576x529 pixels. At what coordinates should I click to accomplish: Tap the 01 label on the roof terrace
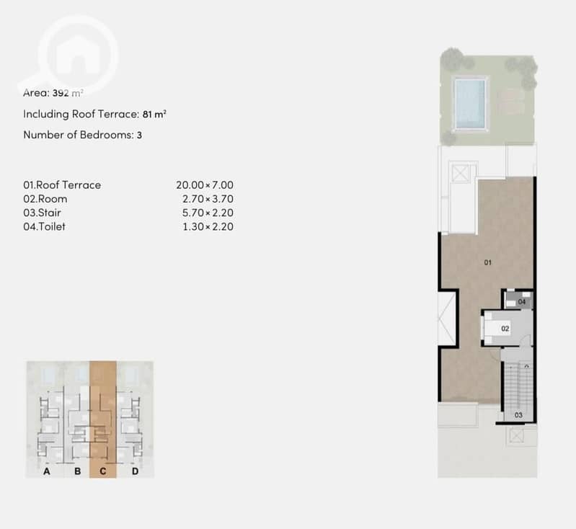point(488,262)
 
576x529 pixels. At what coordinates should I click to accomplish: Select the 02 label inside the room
point(505,329)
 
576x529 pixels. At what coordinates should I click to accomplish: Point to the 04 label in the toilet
point(522,302)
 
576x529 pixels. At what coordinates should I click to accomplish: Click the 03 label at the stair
point(518,415)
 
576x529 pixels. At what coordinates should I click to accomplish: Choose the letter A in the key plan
point(47,471)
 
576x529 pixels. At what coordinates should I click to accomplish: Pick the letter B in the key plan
point(78,471)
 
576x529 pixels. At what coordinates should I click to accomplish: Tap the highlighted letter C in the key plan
point(103,471)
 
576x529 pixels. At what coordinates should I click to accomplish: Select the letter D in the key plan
point(136,471)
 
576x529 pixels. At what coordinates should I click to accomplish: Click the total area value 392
point(61,93)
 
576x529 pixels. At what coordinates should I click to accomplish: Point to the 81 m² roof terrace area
point(154,115)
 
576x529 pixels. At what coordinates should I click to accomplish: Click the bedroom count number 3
point(139,135)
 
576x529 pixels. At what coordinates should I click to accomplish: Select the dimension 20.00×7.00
point(205,185)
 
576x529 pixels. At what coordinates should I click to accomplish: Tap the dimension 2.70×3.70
point(208,199)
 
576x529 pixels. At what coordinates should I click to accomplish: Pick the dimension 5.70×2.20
point(208,213)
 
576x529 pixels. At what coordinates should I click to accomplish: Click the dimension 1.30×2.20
point(208,226)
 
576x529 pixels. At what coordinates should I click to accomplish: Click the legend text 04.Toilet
point(45,226)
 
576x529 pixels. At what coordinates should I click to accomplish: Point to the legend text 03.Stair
point(43,213)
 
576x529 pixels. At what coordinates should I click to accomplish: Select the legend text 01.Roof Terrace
point(62,185)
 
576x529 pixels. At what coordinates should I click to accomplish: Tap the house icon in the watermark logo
point(78,55)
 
